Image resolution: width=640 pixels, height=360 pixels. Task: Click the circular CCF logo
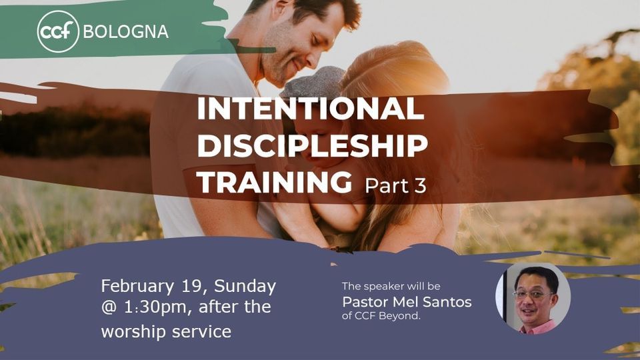click(x=58, y=31)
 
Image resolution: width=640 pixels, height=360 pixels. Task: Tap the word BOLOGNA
click(x=125, y=31)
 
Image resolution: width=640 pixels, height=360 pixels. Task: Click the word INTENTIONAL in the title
click(x=310, y=109)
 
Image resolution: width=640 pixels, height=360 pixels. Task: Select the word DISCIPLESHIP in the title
click(x=312, y=145)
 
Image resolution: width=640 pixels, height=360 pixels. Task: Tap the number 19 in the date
click(x=188, y=286)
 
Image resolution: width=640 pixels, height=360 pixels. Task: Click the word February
click(x=135, y=287)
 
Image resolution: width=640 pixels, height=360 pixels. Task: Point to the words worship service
click(x=166, y=331)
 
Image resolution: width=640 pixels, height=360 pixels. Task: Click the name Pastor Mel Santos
click(x=406, y=302)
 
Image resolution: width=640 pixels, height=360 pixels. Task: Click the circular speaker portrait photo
click(x=532, y=297)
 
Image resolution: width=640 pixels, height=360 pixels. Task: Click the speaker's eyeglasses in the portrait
click(x=531, y=294)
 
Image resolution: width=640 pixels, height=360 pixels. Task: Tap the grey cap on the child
click(x=309, y=83)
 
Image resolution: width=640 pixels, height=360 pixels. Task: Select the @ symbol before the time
click(x=109, y=308)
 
